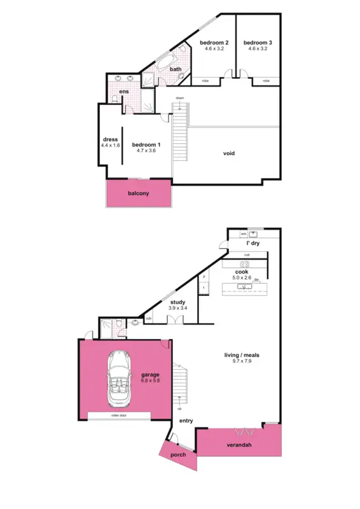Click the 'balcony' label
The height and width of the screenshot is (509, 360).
tap(138, 193)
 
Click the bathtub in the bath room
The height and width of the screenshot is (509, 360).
tap(165, 66)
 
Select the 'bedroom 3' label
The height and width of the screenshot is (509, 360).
tap(256, 42)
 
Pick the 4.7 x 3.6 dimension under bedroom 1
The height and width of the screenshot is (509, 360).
tap(146, 151)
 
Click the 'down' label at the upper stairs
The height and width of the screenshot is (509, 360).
tap(180, 98)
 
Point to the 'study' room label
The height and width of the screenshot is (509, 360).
tap(177, 302)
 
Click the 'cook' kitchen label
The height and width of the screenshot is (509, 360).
tap(242, 271)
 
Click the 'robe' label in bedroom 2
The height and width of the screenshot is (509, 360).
tap(205, 81)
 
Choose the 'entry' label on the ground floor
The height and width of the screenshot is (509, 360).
tap(186, 421)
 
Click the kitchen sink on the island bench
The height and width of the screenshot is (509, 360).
tap(242, 287)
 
